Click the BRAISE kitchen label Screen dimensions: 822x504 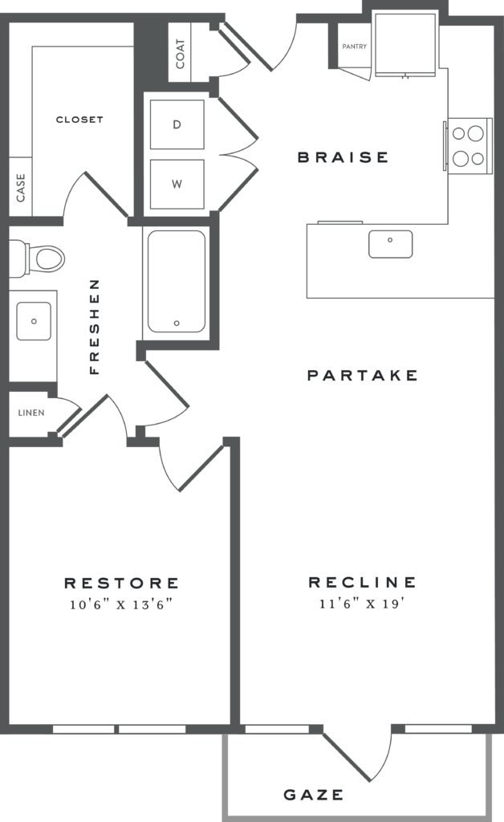(x=343, y=157)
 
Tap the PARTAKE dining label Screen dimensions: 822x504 (x=363, y=375)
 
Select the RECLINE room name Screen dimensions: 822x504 (x=363, y=582)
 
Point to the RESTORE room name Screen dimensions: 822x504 (x=122, y=583)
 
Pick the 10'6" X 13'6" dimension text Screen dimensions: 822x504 (x=122, y=604)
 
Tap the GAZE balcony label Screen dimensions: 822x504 (x=314, y=796)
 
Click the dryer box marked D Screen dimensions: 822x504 (x=177, y=124)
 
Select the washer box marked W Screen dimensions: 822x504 (x=177, y=184)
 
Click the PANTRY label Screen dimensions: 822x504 (x=354, y=47)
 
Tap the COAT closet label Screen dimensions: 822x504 (x=181, y=53)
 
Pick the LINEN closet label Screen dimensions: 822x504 (x=31, y=413)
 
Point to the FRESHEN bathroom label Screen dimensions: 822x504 (x=94, y=327)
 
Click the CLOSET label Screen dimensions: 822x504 (x=79, y=120)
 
